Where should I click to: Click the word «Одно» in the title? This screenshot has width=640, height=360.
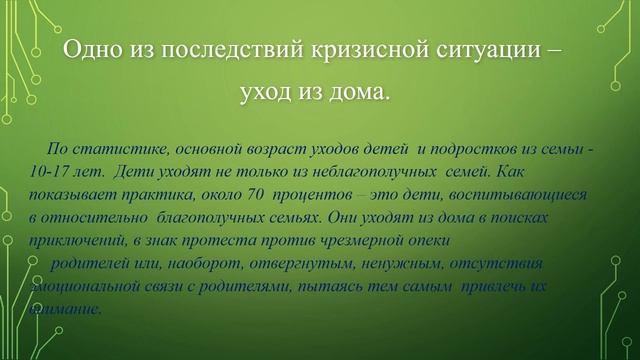pyautogui.click(x=88, y=50)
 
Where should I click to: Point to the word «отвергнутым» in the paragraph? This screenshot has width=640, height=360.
pyautogui.click(x=269, y=263)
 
